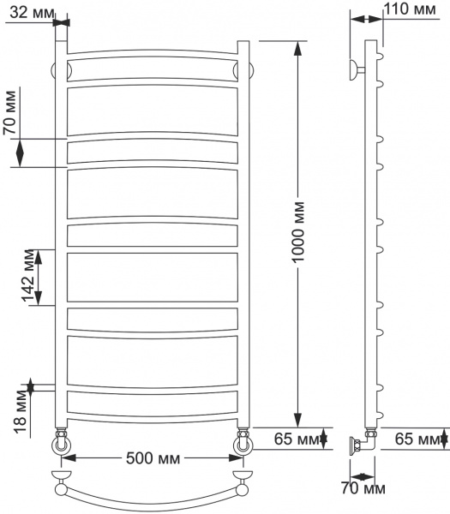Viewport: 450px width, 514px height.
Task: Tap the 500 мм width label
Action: point(153,458)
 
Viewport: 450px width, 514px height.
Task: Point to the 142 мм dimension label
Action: point(28,277)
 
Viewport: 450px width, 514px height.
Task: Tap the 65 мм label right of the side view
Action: point(417,439)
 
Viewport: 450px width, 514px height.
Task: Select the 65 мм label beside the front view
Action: point(291,439)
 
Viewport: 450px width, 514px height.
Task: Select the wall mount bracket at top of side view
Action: point(354,69)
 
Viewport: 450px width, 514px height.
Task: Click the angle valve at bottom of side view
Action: point(359,444)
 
